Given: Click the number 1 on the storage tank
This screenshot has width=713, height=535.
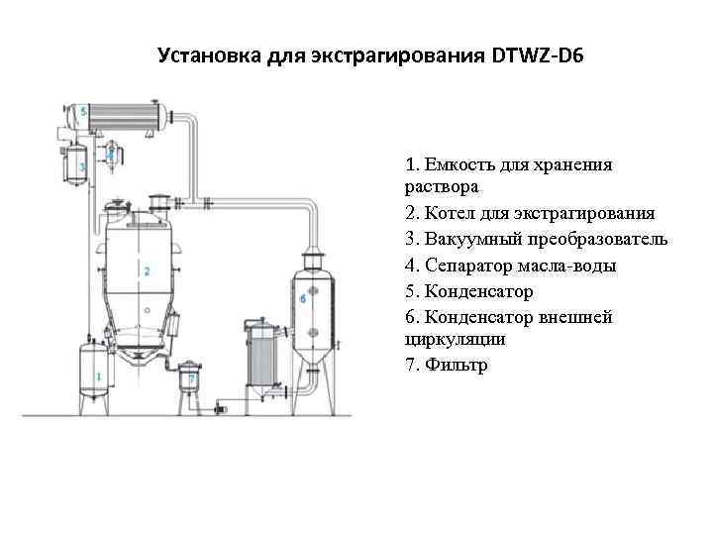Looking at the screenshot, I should pos(97,376).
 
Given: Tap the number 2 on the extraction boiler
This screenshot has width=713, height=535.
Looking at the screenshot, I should pos(146,270).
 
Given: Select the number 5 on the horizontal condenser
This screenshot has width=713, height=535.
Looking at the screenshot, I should pos(84,109).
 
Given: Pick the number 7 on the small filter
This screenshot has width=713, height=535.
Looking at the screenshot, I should pos(191,377).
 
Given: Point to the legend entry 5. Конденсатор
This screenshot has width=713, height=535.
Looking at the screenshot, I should pos(469,291).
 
